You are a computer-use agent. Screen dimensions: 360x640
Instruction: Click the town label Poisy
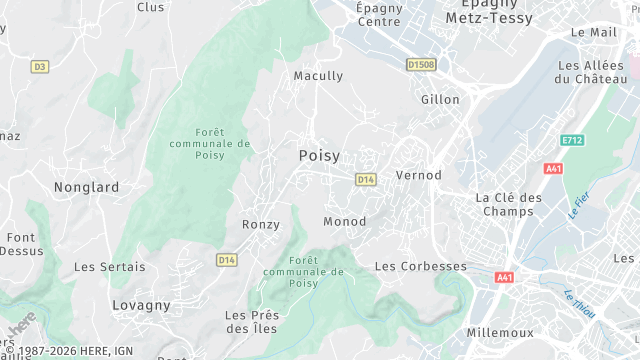tap(319, 156)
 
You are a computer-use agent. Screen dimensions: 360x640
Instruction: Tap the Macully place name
tap(318, 76)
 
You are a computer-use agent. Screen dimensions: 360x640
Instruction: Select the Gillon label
tap(440, 100)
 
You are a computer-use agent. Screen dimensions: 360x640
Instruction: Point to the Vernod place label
tap(419, 175)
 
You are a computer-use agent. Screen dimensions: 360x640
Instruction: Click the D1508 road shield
tap(421, 65)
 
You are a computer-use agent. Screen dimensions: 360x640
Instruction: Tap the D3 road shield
tap(40, 67)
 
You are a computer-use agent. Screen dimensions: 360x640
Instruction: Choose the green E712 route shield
tap(572, 140)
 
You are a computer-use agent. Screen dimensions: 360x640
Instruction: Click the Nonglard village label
tap(86, 187)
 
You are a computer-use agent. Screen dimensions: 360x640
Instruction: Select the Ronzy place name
tap(261, 225)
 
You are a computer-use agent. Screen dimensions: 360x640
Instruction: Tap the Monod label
tap(344, 221)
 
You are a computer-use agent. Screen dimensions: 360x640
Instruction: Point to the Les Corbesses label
tap(420, 267)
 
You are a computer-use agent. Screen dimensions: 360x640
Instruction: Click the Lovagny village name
tap(141, 305)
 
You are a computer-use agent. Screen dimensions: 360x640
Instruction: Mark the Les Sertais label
tap(109, 267)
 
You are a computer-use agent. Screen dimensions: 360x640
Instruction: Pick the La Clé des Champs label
tap(508, 204)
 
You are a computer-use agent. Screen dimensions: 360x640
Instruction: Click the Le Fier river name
tap(578, 205)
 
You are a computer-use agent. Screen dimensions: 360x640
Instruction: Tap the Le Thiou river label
tap(579, 304)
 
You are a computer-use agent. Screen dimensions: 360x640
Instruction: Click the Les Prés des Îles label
tap(252, 321)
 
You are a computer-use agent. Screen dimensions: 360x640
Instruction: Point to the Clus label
tap(150, 7)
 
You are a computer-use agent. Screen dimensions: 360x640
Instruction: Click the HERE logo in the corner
tap(22, 326)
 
